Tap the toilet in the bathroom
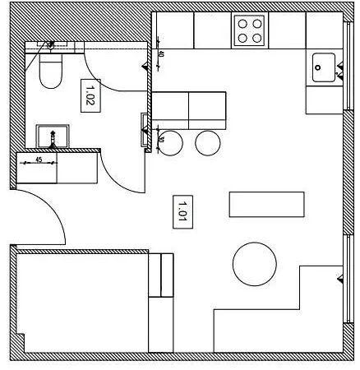tap(50, 71)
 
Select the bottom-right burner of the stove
tap(257, 37)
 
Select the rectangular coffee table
tap(266, 205)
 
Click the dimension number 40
tap(160, 56)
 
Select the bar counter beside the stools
tap(188, 109)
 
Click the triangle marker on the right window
tap(339, 280)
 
